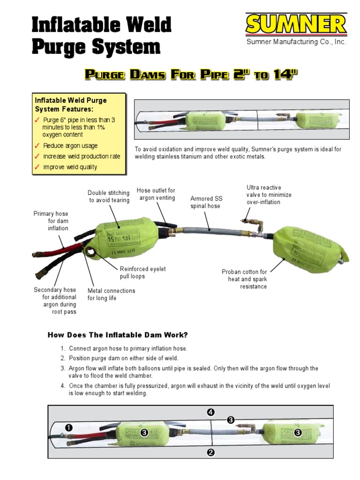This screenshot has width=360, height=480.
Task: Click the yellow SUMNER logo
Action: pyautogui.click(x=296, y=24)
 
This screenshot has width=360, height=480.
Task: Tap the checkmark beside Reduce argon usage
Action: pyautogui.click(x=37, y=146)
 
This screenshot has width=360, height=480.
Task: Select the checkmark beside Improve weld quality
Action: pyautogui.click(x=37, y=167)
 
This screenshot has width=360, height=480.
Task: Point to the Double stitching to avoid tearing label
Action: pyautogui.click(x=109, y=196)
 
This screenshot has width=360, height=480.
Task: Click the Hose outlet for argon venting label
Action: pyautogui.click(x=156, y=194)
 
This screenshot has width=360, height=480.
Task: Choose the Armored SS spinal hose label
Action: pyautogui.click(x=205, y=202)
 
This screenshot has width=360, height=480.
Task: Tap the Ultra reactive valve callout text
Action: pyautogui.click(x=269, y=195)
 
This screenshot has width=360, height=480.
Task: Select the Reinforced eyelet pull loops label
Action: pyautogui.click(x=143, y=272)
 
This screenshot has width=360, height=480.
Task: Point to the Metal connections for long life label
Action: pyautogui.click(x=111, y=294)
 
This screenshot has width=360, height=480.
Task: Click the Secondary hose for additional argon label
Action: pyautogui.click(x=55, y=300)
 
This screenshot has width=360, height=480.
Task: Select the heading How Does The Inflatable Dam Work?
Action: pyautogui.click(x=118, y=335)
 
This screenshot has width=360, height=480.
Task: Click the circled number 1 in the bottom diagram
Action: pyautogui.click(x=69, y=427)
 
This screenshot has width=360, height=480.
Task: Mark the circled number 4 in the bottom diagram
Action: pyautogui.click(x=211, y=412)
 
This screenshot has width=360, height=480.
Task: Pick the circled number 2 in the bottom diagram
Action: pyautogui.click(x=210, y=452)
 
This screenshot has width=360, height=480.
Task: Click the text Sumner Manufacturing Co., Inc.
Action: pyautogui.click(x=296, y=42)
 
